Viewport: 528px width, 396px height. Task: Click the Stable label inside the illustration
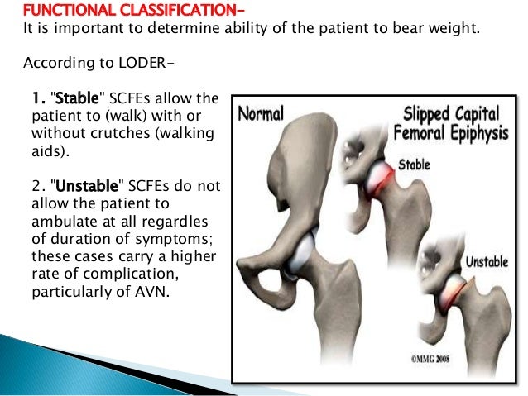tap(415, 164)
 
